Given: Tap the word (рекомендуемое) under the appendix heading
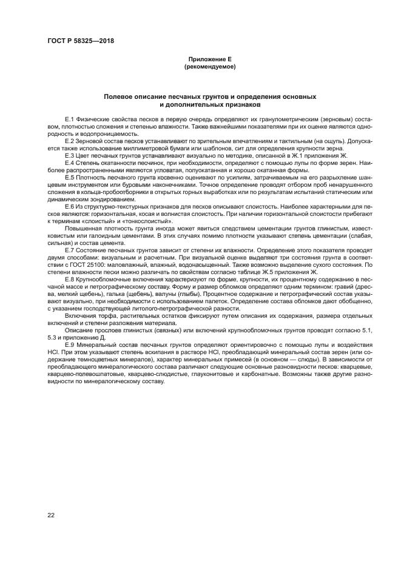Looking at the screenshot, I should (x=209, y=67).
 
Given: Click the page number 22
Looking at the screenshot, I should (x=52, y=515).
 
